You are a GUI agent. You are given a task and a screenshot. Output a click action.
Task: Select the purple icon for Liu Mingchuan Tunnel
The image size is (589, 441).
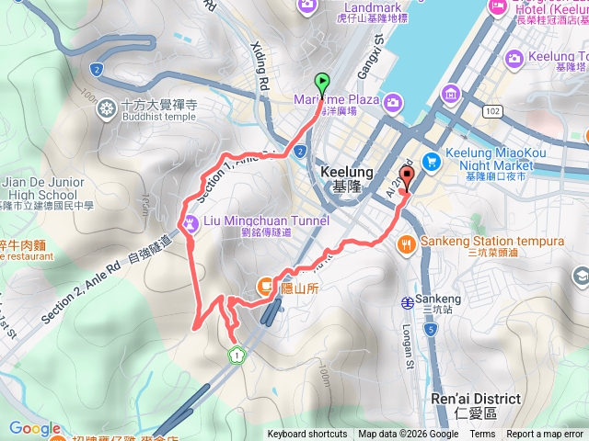189,221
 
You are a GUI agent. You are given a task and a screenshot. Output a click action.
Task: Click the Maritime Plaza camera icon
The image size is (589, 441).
393,100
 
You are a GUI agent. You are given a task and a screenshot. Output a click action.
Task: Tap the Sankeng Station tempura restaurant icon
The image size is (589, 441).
407,244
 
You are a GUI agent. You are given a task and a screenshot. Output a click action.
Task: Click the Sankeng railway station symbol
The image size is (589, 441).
407,300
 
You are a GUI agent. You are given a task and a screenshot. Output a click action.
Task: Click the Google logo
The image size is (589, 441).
35,428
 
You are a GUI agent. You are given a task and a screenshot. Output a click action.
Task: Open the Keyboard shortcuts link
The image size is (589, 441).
307,435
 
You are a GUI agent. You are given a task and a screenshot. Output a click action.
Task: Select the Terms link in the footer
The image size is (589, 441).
482,435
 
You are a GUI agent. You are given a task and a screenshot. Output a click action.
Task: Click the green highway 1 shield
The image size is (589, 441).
237,354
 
